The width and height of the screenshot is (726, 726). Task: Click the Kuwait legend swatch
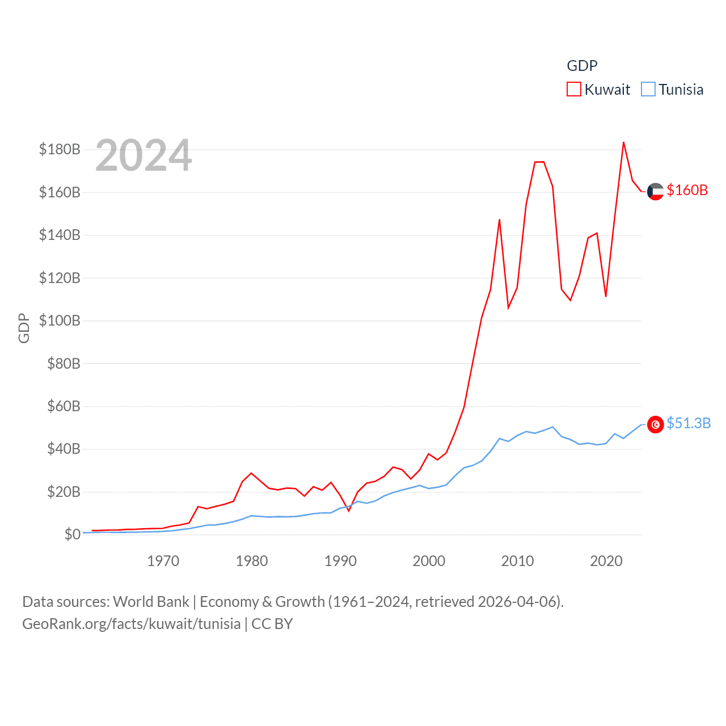(x=574, y=90)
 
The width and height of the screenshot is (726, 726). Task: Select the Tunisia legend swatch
(x=648, y=90)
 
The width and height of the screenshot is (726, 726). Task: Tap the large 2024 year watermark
(x=143, y=155)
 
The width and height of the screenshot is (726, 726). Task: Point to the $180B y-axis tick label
(x=60, y=150)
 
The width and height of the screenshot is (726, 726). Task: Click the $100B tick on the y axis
(x=60, y=320)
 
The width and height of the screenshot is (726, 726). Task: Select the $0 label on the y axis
(x=72, y=534)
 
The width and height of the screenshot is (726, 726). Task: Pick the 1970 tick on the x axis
(x=163, y=561)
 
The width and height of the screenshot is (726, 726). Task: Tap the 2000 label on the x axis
(x=429, y=561)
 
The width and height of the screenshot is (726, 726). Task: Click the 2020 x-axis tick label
(x=606, y=561)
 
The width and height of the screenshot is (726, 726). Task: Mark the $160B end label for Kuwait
(x=687, y=190)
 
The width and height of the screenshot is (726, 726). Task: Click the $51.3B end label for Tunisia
(x=688, y=423)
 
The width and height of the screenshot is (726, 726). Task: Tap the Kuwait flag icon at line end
(x=655, y=192)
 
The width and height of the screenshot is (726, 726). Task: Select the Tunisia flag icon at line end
(x=655, y=424)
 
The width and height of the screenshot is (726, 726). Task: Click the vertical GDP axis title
(x=24, y=328)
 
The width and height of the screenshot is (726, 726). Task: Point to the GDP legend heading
(x=582, y=66)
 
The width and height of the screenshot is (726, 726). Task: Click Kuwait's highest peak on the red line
(x=623, y=142)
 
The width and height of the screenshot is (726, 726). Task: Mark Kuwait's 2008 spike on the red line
(x=499, y=220)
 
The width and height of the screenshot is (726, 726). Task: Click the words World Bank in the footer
(x=151, y=601)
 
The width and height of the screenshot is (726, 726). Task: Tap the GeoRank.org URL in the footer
(x=131, y=624)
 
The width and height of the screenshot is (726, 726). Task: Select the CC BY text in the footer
(x=272, y=624)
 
